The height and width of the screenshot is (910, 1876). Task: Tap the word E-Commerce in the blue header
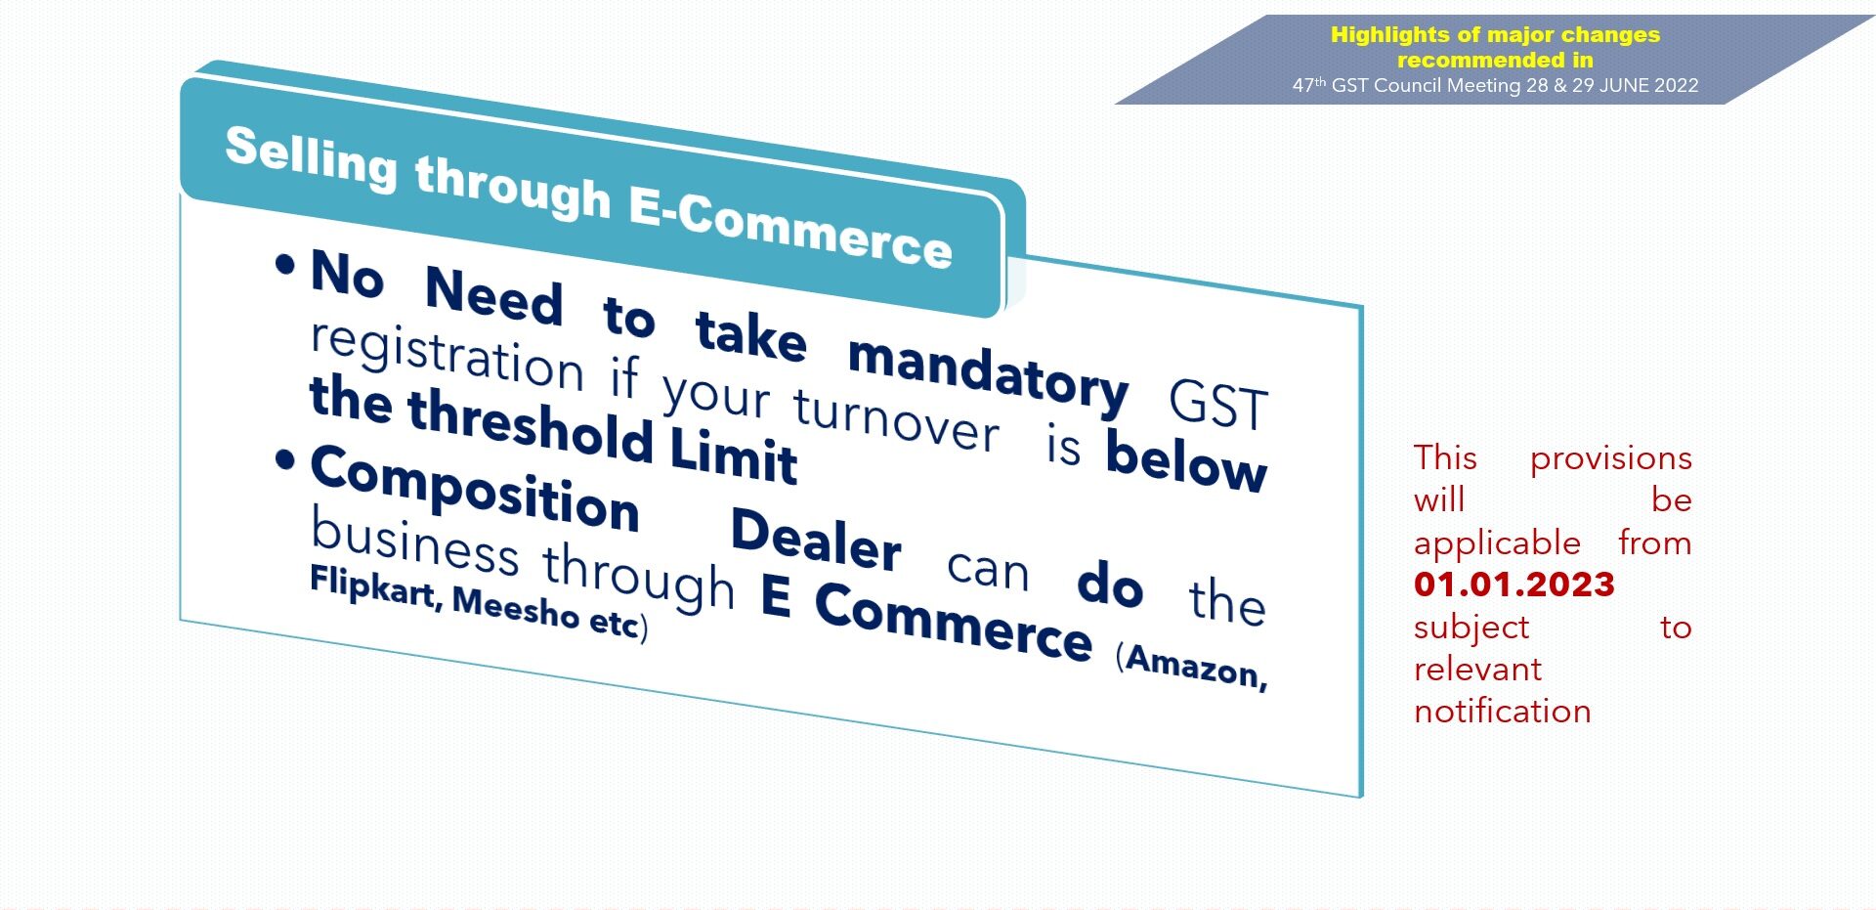790,228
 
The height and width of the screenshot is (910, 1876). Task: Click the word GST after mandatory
1218,405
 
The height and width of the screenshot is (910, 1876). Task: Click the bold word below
1186,460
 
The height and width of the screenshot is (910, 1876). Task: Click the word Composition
475,489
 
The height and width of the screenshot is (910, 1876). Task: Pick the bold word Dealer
816,539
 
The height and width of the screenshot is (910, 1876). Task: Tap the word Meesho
516,606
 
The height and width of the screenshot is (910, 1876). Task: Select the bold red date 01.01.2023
1514,585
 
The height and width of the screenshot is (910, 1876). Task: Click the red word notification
1503,712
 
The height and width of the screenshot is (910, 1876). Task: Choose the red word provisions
1611,458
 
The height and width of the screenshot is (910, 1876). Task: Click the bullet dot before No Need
285,264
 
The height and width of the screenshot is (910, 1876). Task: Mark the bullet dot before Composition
285,459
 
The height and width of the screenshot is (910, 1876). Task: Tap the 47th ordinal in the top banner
1309,85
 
